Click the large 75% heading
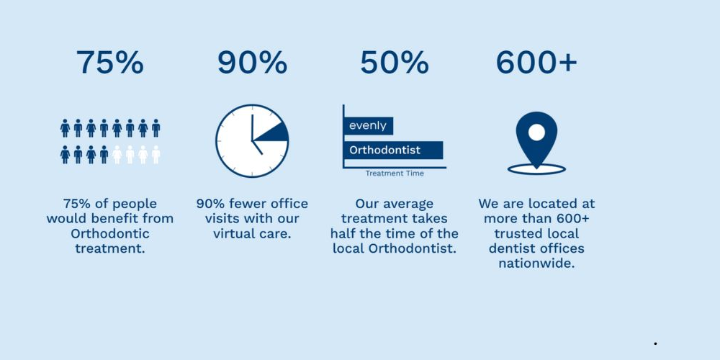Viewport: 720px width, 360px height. [x=109, y=63]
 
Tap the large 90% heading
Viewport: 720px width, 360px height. [x=252, y=63]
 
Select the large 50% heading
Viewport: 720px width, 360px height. [x=395, y=63]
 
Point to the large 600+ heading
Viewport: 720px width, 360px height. [x=536, y=63]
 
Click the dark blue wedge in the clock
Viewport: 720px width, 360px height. [x=275, y=132]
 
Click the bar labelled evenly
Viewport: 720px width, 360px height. [x=368, y=126]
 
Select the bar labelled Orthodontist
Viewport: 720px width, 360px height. [x=393, y=150]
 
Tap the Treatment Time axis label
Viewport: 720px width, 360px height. [x=395, y=174]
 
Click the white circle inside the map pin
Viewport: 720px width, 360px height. [x=536, y=132]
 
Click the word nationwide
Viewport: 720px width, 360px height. [x=536, y=264]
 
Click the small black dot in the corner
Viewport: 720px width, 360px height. [x=656, y=343]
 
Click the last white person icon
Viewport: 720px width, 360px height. [x=156, y=155]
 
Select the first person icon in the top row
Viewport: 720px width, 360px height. [x=65, y=128]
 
